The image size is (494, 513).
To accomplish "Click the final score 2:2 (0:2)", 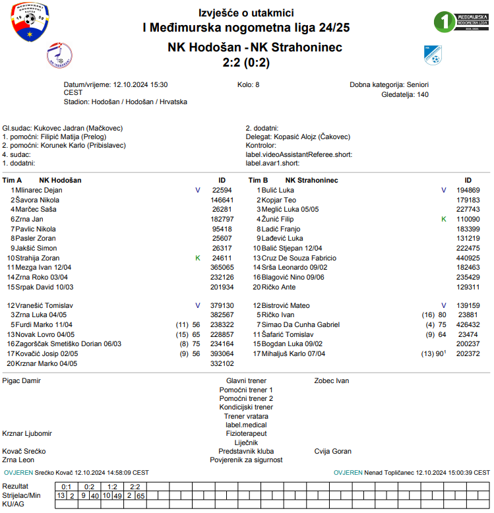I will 246,63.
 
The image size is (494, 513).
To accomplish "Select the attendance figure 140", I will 422,94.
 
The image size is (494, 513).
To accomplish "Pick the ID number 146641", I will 222,200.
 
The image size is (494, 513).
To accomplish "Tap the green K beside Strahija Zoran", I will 198,258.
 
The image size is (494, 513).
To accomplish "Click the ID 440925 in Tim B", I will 468,258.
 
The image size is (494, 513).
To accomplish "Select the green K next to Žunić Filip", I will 444,218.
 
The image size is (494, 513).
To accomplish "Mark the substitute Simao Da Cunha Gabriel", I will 301,324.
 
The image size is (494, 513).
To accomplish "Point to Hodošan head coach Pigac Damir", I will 22,380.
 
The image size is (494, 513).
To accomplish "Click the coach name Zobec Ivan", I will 332,380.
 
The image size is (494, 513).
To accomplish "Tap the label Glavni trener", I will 246,380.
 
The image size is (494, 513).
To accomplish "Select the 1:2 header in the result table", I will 113,487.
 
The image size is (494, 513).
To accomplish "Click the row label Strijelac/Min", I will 22,495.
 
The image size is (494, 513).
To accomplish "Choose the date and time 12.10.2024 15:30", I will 140,85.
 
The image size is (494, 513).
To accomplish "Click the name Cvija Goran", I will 333,452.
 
